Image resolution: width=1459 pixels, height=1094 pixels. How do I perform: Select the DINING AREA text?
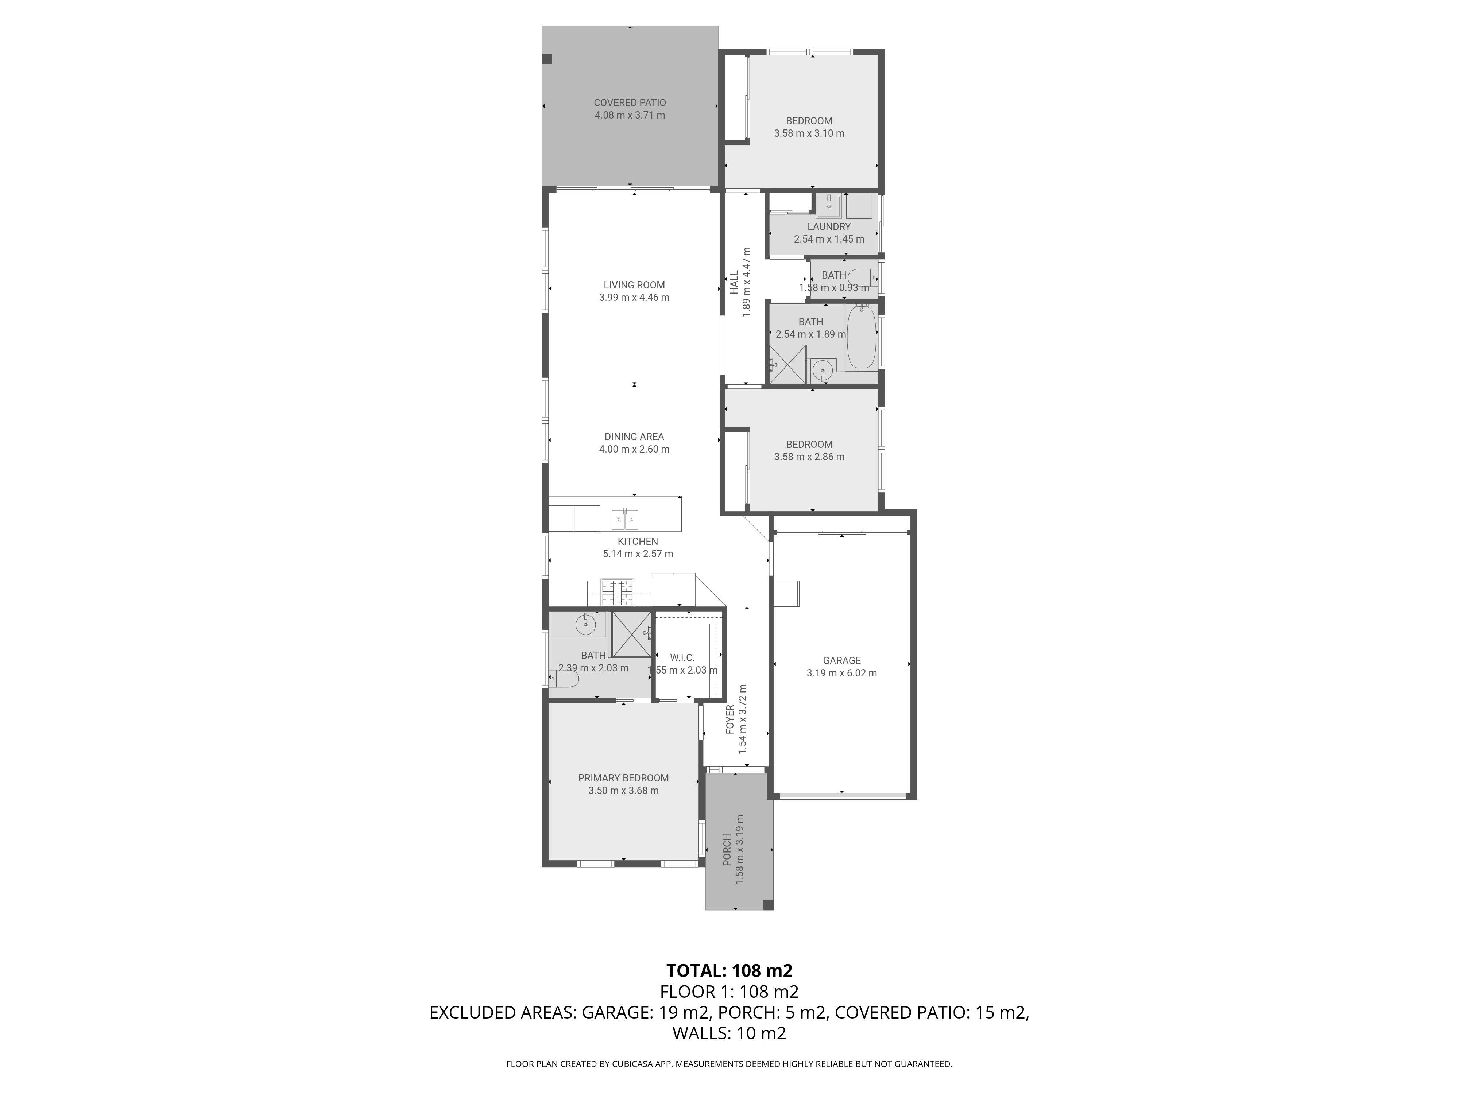click(634, 437)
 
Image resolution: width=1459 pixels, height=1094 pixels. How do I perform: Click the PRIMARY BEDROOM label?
click(623, 778)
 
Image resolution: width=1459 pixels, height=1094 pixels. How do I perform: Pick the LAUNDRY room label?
click(829, 227)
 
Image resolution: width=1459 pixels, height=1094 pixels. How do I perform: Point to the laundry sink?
click(828, 206)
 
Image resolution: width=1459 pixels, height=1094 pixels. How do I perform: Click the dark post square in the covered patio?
click(547, 59)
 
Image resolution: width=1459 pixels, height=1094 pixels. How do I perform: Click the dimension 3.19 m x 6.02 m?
click(841, 673)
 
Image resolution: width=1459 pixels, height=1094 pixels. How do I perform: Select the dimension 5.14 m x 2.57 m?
click(638, 554)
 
